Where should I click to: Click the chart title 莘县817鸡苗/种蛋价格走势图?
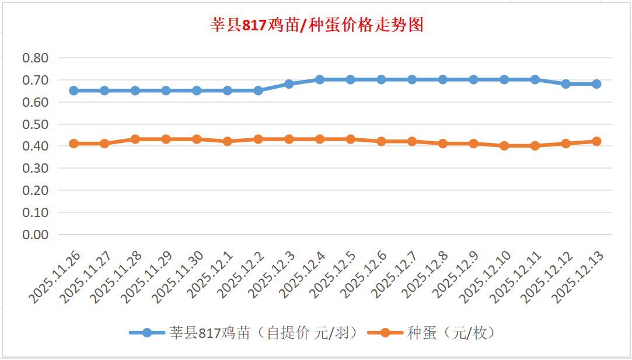[x=316, y=25]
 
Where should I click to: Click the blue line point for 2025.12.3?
[x=289, y=84]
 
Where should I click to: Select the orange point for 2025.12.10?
[x=504, y=146]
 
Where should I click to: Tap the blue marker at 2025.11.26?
[x=74, y=90]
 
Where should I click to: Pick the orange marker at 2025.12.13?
[x=596, y=141]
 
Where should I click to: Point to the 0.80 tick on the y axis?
[x=35, y=58]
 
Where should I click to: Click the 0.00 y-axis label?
[x=35, y=235]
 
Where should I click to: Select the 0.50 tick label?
[x=35, y=124]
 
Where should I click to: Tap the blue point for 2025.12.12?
[x=565, y=84]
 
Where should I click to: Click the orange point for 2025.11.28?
[x=135, y=139]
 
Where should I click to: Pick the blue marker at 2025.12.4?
[x=320, y=79]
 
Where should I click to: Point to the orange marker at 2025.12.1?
[x=228, y=141]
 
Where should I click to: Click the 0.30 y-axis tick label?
[x=35, y=168]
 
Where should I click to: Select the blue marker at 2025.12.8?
[x=442, y=79]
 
